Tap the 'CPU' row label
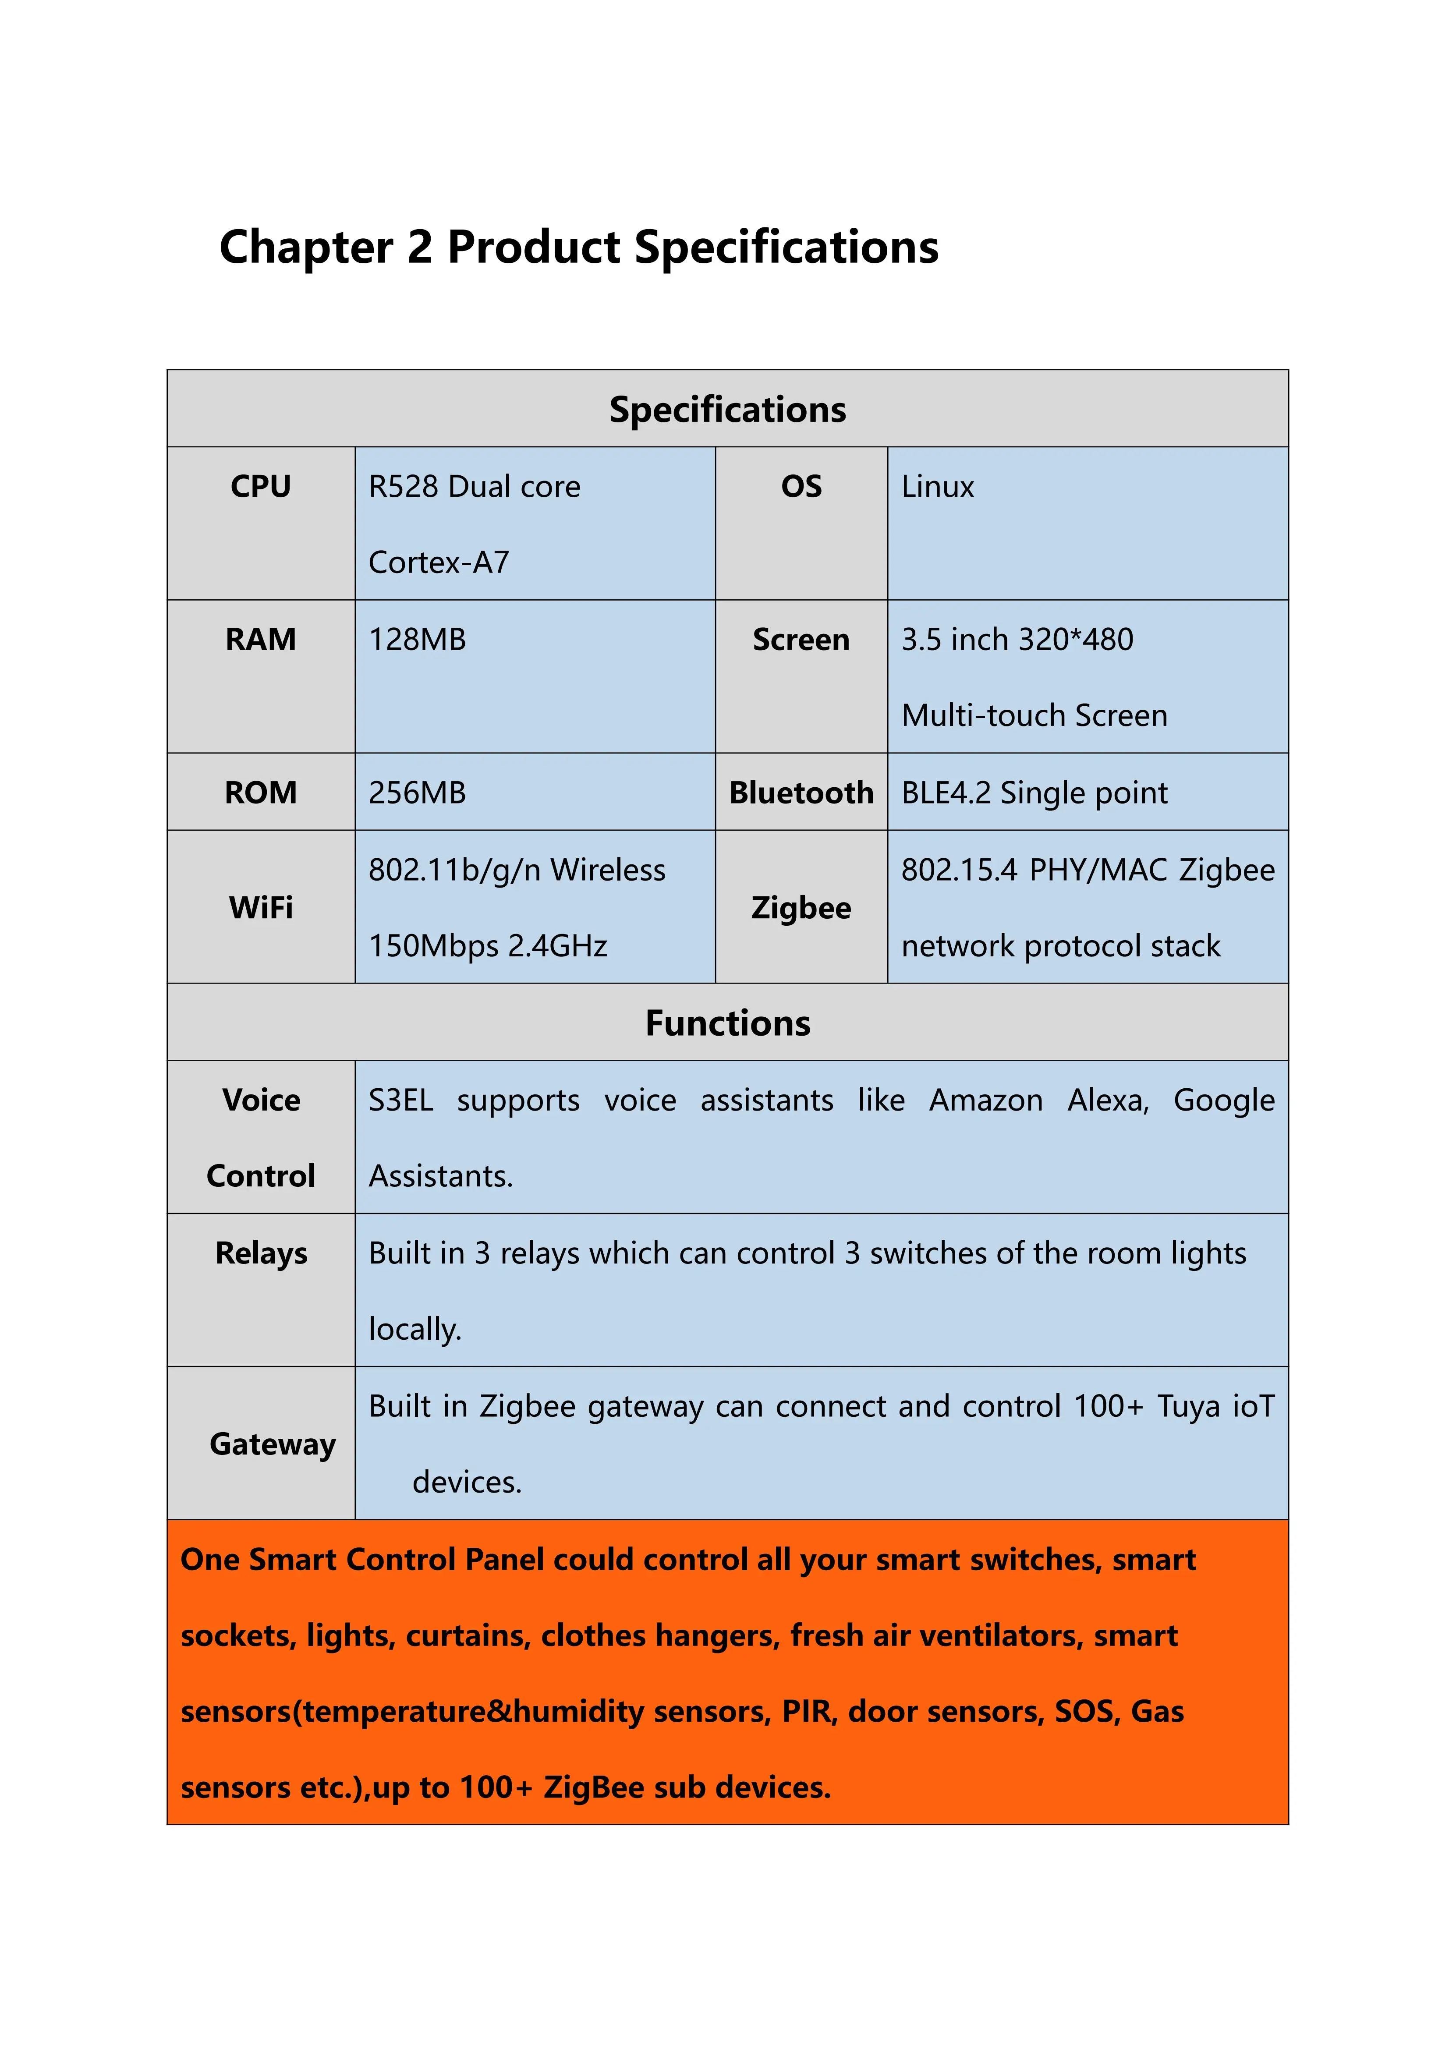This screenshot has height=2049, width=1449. (261, 487)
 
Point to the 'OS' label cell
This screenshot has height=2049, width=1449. (801, 487)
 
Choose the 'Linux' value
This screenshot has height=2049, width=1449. (937, 487)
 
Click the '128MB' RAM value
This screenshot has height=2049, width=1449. (417, 640)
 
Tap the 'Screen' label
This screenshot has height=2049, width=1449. (801, 640)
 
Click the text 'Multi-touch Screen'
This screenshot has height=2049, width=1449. (1034, 716)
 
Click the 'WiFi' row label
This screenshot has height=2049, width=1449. (261, 908)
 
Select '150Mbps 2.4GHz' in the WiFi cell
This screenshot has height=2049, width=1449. (488, 946)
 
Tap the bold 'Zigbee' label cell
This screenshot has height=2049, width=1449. (801, 908)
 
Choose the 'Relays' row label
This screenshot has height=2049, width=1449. (261, 1254)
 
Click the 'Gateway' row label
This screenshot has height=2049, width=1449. (272, 1444)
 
